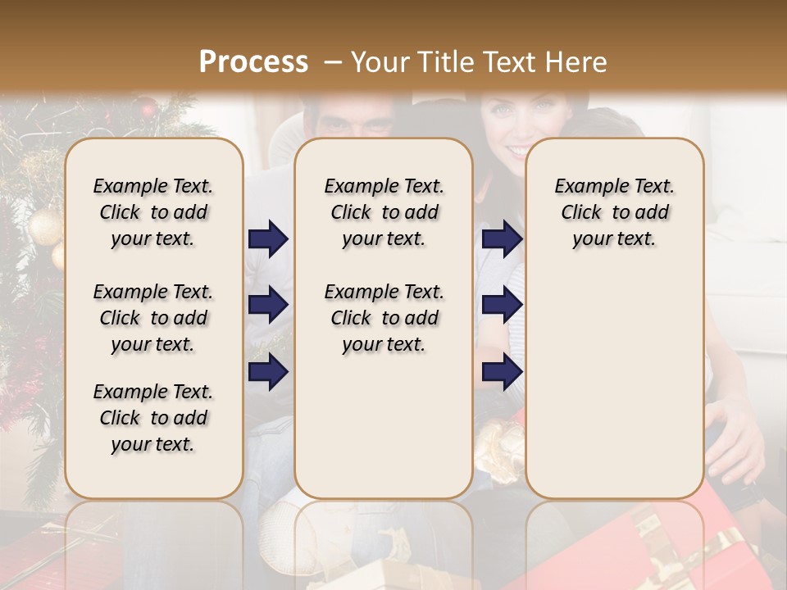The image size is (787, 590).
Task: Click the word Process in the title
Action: tap(253, 62)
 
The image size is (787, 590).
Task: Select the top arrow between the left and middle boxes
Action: tap(268, 239)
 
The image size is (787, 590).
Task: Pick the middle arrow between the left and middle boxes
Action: tap(268, 305)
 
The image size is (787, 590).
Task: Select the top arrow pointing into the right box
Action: tap(502, 239)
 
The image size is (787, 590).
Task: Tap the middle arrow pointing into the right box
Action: tap(502, 305)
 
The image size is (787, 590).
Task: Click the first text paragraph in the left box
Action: tap(153, 212)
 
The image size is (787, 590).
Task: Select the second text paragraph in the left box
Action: tap(153, 318)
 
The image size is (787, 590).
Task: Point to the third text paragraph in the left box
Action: tap(153, 418)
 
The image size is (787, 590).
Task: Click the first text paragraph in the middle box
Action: tap(384, 212)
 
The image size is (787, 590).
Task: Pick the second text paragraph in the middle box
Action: tap(384, 318)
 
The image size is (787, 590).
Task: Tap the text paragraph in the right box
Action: tap(614, 212)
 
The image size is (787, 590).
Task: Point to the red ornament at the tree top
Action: tap(147, 107)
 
